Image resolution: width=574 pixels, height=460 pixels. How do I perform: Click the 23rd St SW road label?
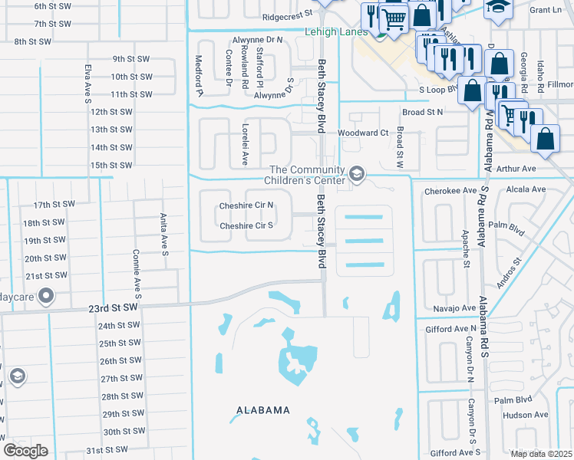tap(112, 307)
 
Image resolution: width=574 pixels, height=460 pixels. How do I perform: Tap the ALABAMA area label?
tap(262, 410)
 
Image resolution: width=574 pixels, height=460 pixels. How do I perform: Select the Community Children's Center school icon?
tap(356, 175)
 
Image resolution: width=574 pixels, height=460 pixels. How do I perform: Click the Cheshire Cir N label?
tap(246, 205)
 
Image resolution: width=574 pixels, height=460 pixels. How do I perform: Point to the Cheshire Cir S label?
tap(246, 226)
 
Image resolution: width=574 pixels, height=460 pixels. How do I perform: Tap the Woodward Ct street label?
tap(363, 133)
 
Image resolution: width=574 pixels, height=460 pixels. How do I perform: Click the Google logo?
tap(25, 451)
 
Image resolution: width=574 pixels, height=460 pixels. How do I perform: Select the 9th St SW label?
tap(132, 58)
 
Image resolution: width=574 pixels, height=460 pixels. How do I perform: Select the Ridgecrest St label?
tap(288, 15)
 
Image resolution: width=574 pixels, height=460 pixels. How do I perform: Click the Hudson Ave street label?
tap(525, 416)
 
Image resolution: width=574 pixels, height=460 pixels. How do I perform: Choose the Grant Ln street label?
tap(546, 10)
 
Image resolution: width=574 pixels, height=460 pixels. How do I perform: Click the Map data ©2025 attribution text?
tap(542, 454)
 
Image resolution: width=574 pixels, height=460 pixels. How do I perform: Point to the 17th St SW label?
tap(54, 205)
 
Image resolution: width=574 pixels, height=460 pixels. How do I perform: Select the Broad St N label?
tap(422, 112)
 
